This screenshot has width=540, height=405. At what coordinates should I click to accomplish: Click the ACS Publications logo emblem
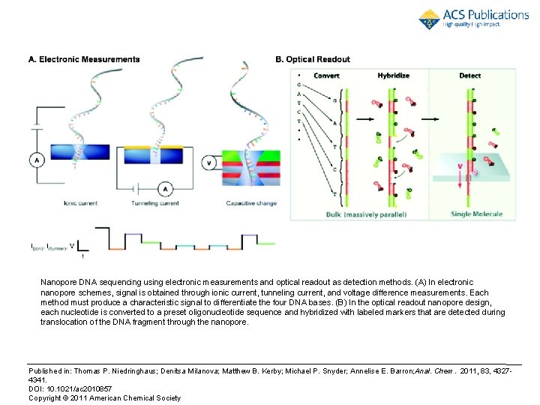tap(430, 19)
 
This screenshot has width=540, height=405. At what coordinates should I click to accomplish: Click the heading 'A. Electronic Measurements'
tap(84, 59)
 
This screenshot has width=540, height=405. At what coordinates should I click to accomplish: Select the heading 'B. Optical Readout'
tap(313, 59)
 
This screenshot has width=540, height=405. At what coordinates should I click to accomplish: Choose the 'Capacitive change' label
tap(251, 202)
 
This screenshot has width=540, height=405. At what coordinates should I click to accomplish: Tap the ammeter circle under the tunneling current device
tap(168, 189)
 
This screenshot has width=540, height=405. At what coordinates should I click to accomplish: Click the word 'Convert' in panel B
tap(327, 76)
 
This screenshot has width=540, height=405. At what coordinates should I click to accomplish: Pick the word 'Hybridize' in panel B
tap(393, 76)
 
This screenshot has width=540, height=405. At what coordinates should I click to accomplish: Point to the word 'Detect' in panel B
tap(470, 76)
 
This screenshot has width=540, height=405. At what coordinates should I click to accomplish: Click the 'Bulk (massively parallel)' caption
tap(366, 214)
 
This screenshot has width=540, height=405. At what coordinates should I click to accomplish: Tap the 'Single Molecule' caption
tap(477, 214)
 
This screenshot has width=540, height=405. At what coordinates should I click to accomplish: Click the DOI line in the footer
tap(70, 388)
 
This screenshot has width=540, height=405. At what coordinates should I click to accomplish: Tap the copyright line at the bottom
tap(104, 397)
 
